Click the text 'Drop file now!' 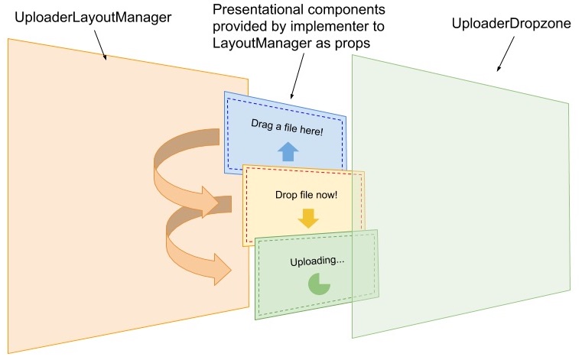(306, 194)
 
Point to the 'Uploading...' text (317, 261)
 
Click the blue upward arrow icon (288, 151)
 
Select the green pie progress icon (318, 284)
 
